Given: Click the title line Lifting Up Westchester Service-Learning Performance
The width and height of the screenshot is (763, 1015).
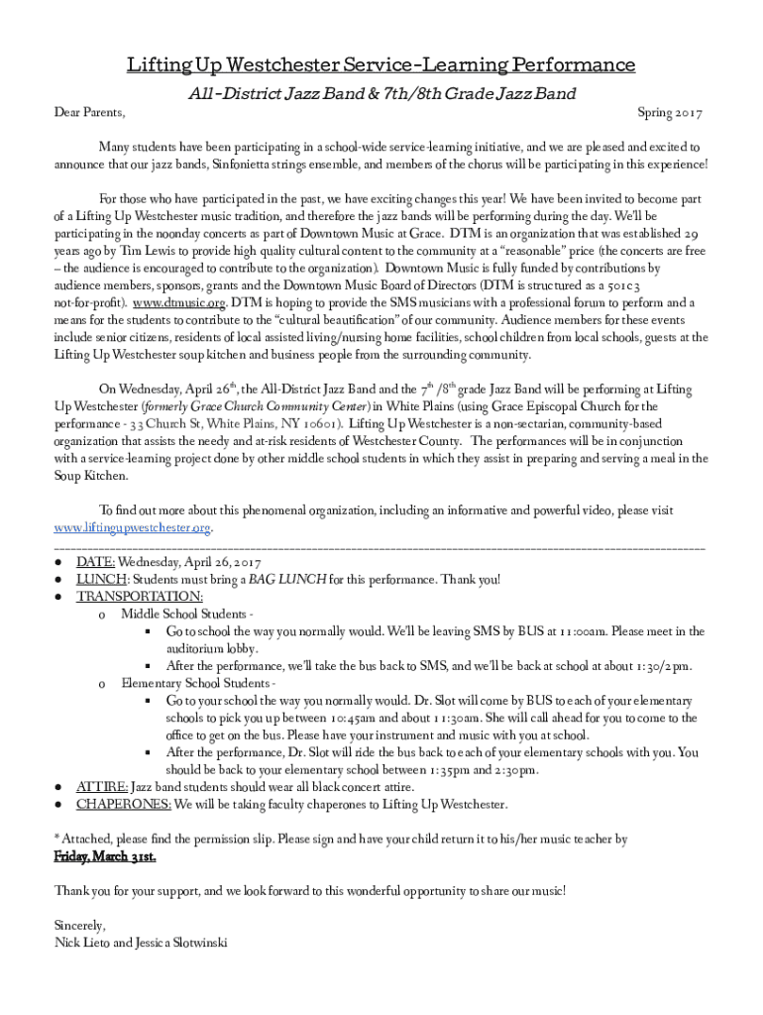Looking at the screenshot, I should pyautogui.click(x=381, y=65).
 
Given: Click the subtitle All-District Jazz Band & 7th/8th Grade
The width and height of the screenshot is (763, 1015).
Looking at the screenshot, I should pyautogui.click(x=381, y=94).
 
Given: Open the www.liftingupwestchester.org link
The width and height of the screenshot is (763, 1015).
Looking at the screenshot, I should pyautogui.click(x=134, y=527).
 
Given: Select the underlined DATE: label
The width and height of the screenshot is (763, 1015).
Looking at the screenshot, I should pyautogui.click(x=96, y=562).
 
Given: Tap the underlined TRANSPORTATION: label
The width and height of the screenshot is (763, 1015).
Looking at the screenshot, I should pyautogui.click(x=140, y=596).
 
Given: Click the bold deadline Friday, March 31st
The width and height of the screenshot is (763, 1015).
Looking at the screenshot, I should pyautogui.click(x=105, y=855).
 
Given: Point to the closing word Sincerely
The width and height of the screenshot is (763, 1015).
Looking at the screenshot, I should pyautogui.click(x=80, y=925).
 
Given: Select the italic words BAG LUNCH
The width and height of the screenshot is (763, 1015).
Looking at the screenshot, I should pyautogui.click(x=283, y=579).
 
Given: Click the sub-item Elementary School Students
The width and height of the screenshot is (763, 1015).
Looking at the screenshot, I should pyautogui.click(x=196, y=683).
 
